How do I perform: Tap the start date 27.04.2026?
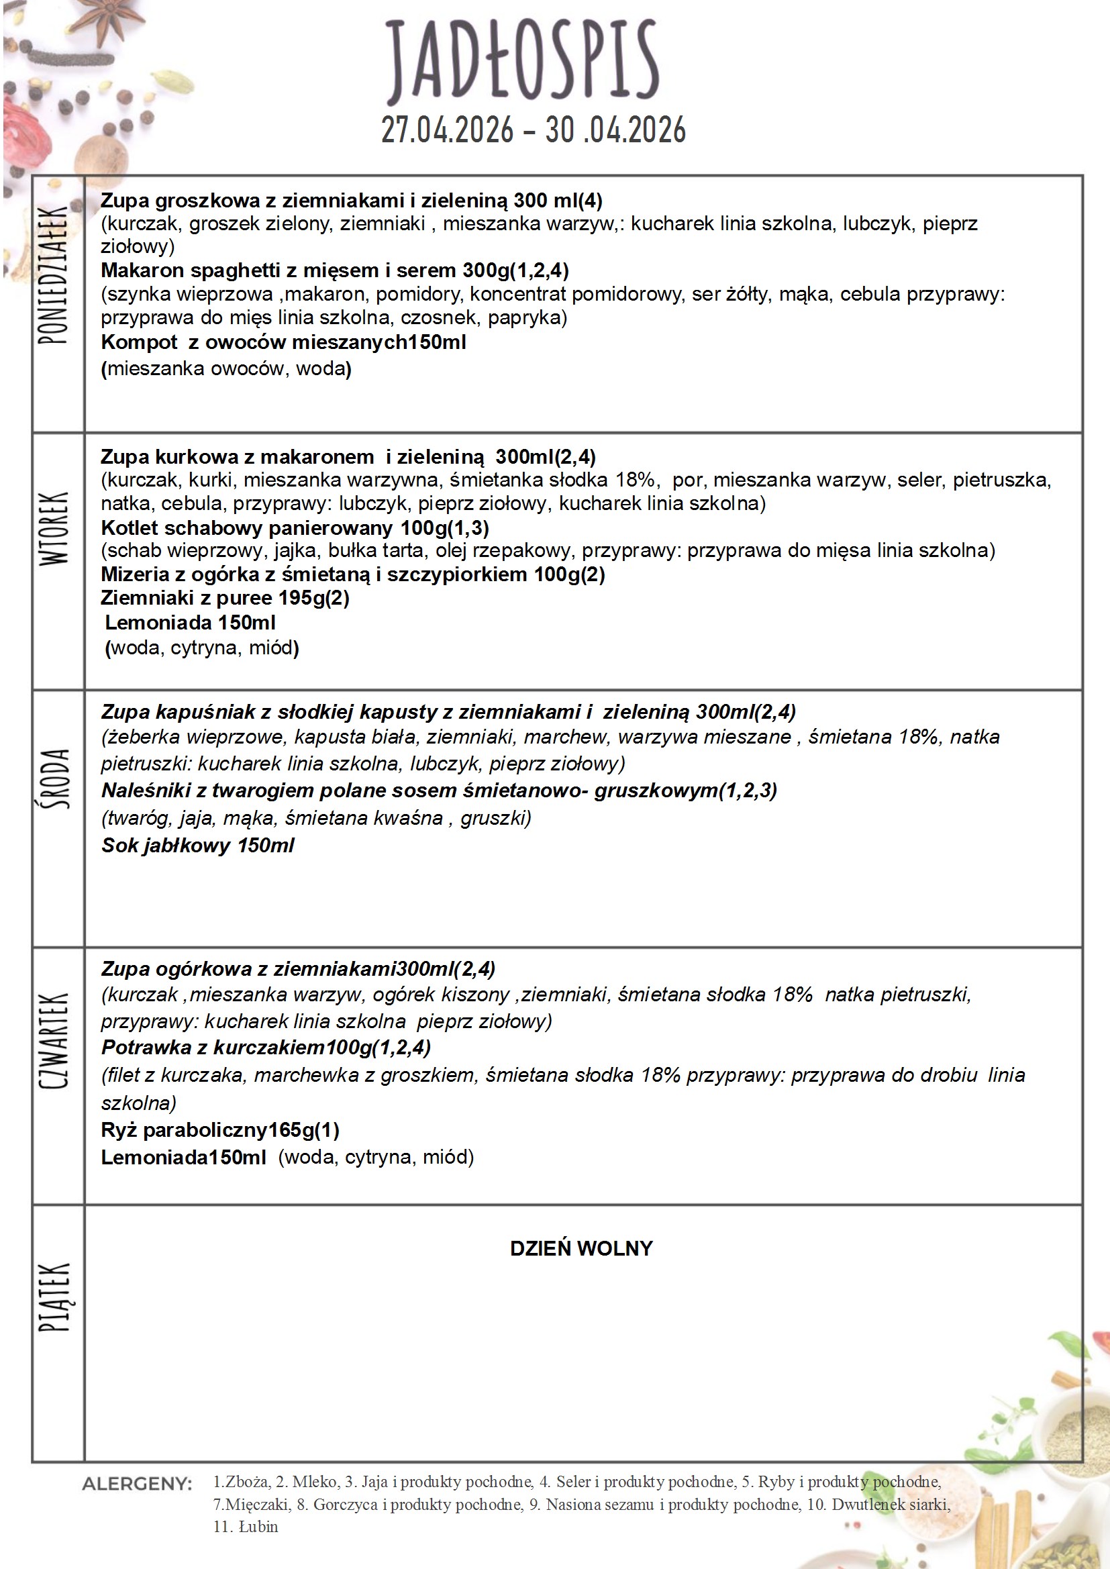(x=447, y=130)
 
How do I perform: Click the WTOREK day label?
(x=53, y=528)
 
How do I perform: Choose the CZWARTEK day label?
(x=53, y=1041)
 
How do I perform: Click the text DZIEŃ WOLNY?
(x=581, y=1248)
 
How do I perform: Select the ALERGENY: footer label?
(x=138, y=1484)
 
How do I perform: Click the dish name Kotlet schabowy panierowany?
(x=246, y=527)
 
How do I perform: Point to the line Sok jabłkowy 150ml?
(x=197, y=846)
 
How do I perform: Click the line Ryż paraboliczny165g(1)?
(x=220, y=1129)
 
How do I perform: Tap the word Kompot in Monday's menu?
(x=139, y=342)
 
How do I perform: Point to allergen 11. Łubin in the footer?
(x=246, y=1527)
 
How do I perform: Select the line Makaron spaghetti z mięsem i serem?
(x=334, y=270)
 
